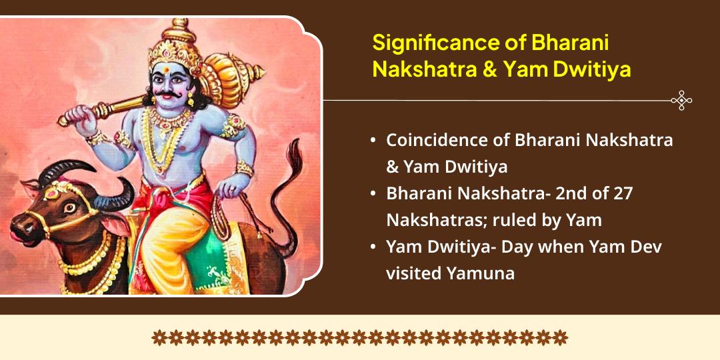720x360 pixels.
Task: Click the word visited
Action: click(x=413, y=273)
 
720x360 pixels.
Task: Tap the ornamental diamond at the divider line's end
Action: click(x=681, y=100)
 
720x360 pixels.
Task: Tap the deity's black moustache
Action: click(x=167, y=94)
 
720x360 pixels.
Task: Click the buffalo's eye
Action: click(x=70, y=207)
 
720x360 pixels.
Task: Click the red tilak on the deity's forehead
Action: click(x=166, y=70)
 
